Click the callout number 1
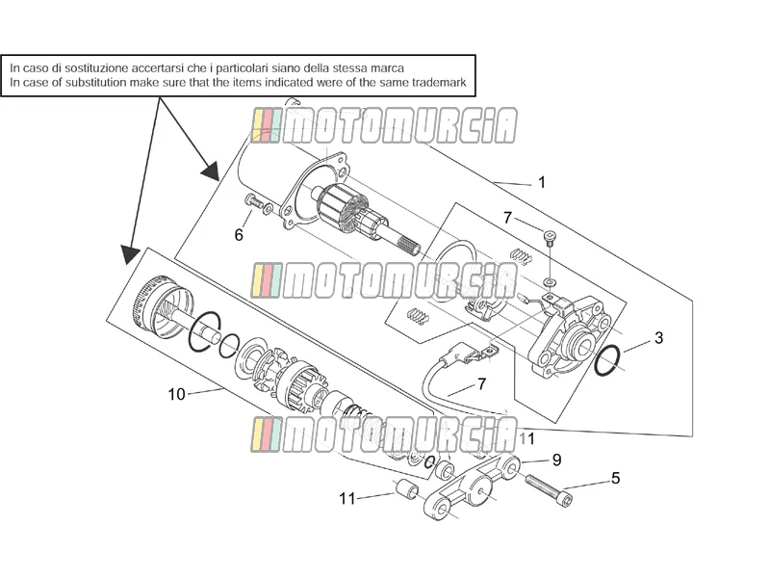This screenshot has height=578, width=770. point(542,182)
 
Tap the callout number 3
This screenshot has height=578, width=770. point(658,338)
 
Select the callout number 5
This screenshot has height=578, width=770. point(615,478)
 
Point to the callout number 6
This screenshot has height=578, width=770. point(239,235)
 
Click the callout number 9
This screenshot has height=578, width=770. point(556,460)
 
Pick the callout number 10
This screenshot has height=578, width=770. point(177,394)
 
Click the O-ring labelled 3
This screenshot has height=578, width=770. point(608,360)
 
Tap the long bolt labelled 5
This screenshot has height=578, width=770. point(549,489)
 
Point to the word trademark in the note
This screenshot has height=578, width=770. point(439,82)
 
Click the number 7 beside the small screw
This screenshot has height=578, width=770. point(508,218)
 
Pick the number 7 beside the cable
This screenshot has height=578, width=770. point(482,383)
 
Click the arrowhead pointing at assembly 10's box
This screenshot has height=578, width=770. point(131,255)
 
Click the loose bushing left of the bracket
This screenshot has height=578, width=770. point(407,488)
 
